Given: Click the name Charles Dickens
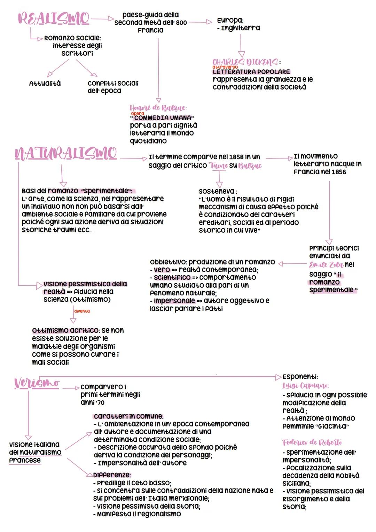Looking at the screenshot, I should [x=245, y=62].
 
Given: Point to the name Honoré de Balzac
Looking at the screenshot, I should [x=158, y=108].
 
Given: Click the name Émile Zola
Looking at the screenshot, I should [x=326, y=264].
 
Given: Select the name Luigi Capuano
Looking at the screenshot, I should [x=305, y=386].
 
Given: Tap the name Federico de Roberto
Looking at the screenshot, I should [x=312, y=442].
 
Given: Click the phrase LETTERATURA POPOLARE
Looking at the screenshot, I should [x=251, y=72].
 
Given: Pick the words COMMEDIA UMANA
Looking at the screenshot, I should [x=163, y=118].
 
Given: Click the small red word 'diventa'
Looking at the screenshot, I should [x=82, y=311].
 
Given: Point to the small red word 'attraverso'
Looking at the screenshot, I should [x=225, y=67].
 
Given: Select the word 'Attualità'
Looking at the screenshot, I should [x=45, y=84].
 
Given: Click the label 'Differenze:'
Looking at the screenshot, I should [x=112, y=475].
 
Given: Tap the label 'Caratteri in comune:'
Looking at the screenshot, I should [x=128, y=416].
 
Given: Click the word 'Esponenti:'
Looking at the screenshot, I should [x=300, y=377].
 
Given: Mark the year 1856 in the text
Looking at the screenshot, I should [x=338, y=172].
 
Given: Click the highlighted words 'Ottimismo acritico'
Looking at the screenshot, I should [x=65, y=330].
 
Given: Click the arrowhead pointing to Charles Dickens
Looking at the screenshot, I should [x=241, y=54].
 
